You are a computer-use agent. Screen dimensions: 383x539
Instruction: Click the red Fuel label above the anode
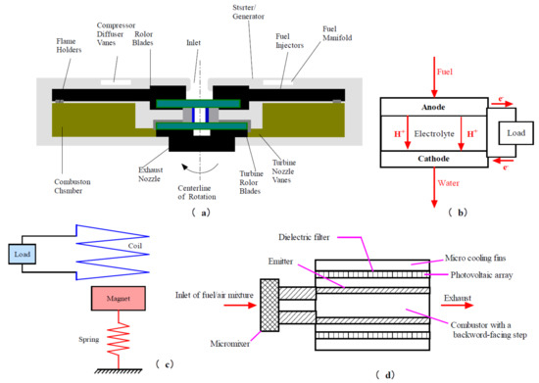pyautogui.click(x=416, y=71)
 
